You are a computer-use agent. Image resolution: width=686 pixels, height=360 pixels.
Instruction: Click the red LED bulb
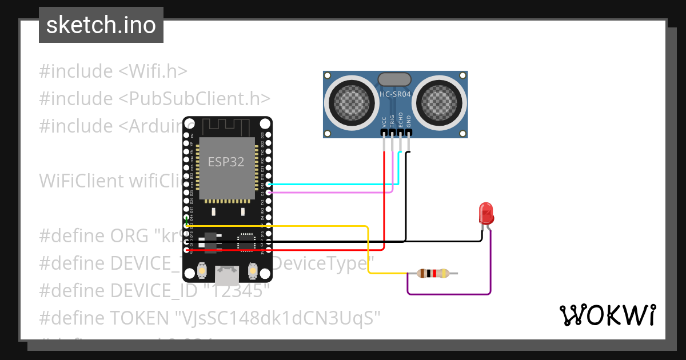[x=486, y=213]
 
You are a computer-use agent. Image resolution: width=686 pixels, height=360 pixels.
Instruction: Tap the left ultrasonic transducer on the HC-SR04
[x=350, y=102]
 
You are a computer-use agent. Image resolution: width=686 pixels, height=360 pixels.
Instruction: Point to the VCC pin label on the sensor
[x=384, y=122]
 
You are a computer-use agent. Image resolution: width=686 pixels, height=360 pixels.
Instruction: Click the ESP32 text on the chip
[x=226, y=162]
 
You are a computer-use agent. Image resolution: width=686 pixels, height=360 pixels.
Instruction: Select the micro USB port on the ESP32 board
[x=226, y=276]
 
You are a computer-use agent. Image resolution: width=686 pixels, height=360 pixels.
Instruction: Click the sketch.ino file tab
[x=101, y=25]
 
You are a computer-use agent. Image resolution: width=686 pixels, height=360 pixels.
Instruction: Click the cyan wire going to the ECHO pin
[x=332, y=185]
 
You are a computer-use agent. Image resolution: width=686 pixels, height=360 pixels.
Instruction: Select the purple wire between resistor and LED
[x=449, y=294]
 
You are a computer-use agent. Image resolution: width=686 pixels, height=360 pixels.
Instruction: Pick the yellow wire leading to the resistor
[x=297, y=226]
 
